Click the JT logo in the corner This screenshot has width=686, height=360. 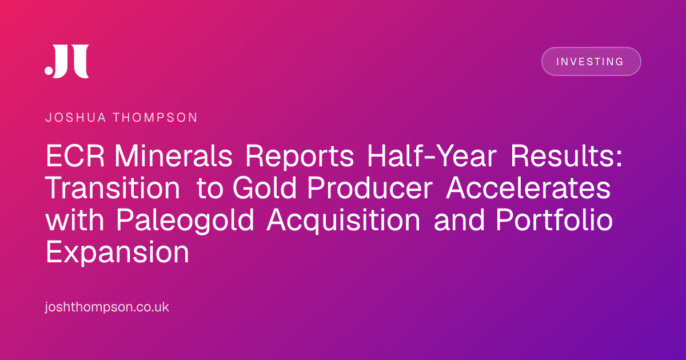[x=67, y=61]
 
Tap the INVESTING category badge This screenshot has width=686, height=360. [x=591, y=62]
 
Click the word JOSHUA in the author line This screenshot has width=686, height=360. [x=75, y=118]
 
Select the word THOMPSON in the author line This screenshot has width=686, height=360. [x=155, y=118]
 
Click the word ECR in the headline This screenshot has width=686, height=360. [x=75, y=156]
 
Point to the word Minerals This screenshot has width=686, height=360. [x=173, y=156]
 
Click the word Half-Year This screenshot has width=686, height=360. [x=432, y=156]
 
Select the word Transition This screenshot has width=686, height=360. [x=113, y=188]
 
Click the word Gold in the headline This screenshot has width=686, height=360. [x=265, y=188]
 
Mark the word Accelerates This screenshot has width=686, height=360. [x=528, y=188]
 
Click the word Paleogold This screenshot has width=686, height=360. [x=185, y=221]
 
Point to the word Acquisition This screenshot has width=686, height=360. [x=344, y=221]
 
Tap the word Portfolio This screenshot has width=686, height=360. [x=554, y=220]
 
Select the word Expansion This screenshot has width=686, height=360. [x=117, y=253]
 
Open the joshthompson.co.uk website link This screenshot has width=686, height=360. [x=107, y=307]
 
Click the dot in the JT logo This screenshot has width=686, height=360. [x=49, y=70]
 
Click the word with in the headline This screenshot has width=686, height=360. [x=75, y=220]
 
